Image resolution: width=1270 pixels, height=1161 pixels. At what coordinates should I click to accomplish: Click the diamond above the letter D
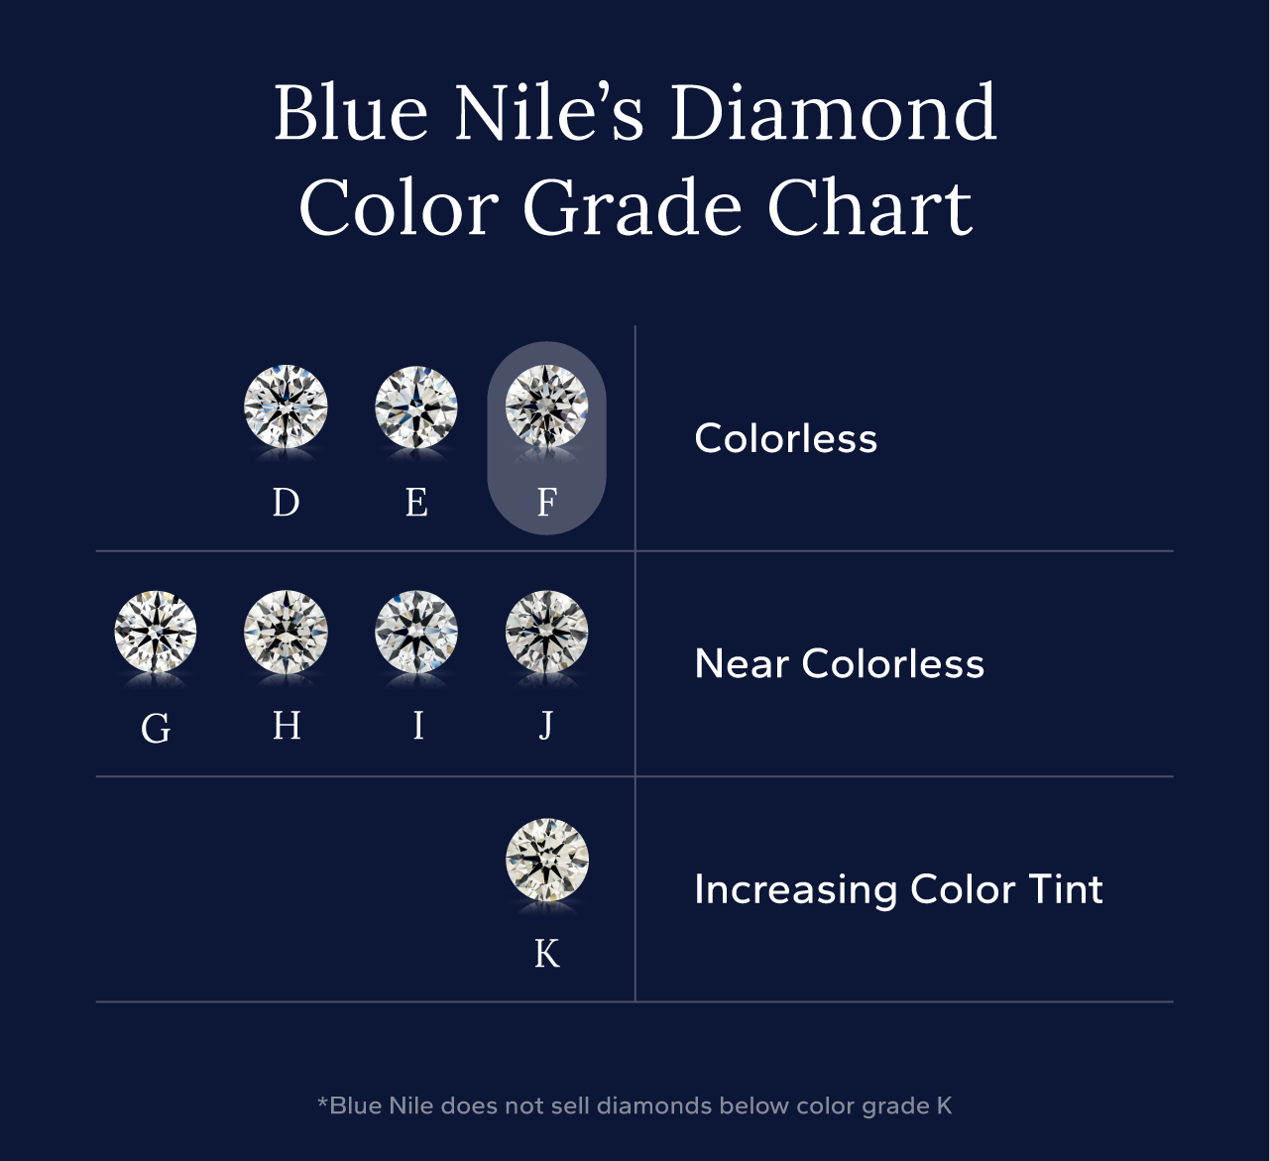pyautogui.click(x=286, y=406)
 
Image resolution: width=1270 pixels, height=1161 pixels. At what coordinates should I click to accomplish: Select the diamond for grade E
pyautogui.click(x=416, y=406)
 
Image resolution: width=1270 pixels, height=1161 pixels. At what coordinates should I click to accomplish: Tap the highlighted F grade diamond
pyautogui.click(x=546, y=406)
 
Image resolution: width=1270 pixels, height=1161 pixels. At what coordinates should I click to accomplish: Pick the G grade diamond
pyautogui.click(x=156, y=633)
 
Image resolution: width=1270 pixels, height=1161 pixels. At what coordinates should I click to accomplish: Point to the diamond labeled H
pyautogui.click(x=286, y=633)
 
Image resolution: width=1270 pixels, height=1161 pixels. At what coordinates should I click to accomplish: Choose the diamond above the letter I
pyautogui.click(x=416, y=633)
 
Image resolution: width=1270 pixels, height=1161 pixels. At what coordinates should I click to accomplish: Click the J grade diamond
pyautogui.click(x=546, y=633)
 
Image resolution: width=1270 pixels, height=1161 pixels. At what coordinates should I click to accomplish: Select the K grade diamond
pyautogui.click(x=546, y=859)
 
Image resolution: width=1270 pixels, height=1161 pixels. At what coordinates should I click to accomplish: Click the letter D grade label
pyautogui.click(x=286, y=503)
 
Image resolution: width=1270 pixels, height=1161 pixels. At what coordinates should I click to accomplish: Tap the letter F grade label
pyautogui.click(x=546, y=503)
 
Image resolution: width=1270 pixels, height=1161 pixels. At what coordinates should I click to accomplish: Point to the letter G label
pyautogui.click(x=156, y=730)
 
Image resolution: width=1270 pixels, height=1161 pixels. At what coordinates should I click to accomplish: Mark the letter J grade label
pyautogui.click(x=546, y=727)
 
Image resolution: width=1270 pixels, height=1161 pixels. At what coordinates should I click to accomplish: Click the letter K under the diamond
pyautogui.click(x=546, y=954)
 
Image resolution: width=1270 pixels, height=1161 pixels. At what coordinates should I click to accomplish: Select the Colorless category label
pyautogui.click(x=785, y=438)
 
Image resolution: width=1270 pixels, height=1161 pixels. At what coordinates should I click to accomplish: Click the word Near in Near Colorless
pyautogui.click(x=742, y=664)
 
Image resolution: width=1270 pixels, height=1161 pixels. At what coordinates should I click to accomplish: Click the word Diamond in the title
pyautogui.click(x=833, y=113)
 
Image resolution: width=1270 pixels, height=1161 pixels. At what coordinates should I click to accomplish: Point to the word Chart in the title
pyautogui.click(x=869, y=208)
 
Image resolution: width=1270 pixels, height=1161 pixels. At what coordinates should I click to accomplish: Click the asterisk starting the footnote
pyautogui.click(x=322, y=1102)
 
